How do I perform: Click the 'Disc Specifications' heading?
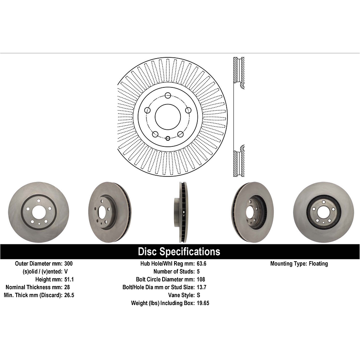coord(179,252)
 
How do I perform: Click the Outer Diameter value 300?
coord(68,263)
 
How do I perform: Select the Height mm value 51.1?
coord(69,279)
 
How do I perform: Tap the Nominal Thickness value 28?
coord(67,287)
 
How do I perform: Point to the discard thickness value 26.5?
coord(69,295)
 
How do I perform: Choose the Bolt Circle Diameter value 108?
coord(201,279)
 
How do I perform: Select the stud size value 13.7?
coord(202,287)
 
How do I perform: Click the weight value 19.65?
coord(203,303)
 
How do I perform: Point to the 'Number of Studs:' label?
coord(173,271)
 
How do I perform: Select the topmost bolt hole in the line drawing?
coord(168,95)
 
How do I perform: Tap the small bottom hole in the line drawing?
coord(168,138)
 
